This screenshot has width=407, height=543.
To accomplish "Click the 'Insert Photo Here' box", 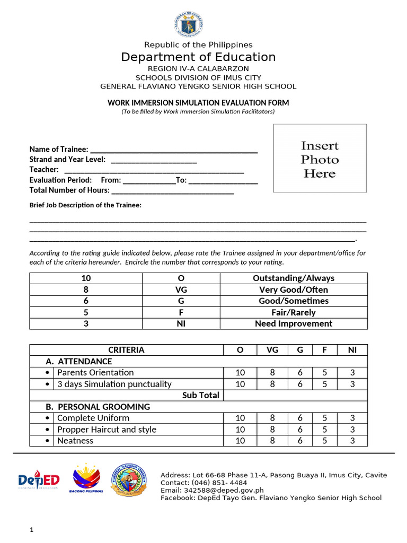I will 320,158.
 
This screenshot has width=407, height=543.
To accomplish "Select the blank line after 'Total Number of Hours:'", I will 172,191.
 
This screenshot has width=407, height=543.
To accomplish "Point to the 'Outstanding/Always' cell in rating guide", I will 293,278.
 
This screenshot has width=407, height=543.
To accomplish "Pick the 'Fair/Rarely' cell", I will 293,312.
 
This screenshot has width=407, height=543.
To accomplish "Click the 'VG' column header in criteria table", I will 272,350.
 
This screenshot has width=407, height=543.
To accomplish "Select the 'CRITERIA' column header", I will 126,350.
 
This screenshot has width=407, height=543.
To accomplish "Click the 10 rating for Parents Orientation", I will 240,373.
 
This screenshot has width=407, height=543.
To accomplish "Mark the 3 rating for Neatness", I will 352,441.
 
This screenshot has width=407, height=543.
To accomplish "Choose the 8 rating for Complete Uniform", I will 272,418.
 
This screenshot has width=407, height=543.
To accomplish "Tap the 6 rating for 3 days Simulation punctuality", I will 300,384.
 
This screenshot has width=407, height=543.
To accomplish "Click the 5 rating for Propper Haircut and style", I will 325,430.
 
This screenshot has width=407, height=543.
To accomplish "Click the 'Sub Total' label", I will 200,396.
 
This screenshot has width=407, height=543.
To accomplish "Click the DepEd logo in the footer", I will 39,480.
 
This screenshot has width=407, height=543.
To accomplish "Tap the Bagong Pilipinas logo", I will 85,479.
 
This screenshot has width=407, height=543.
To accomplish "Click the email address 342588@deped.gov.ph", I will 212,491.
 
